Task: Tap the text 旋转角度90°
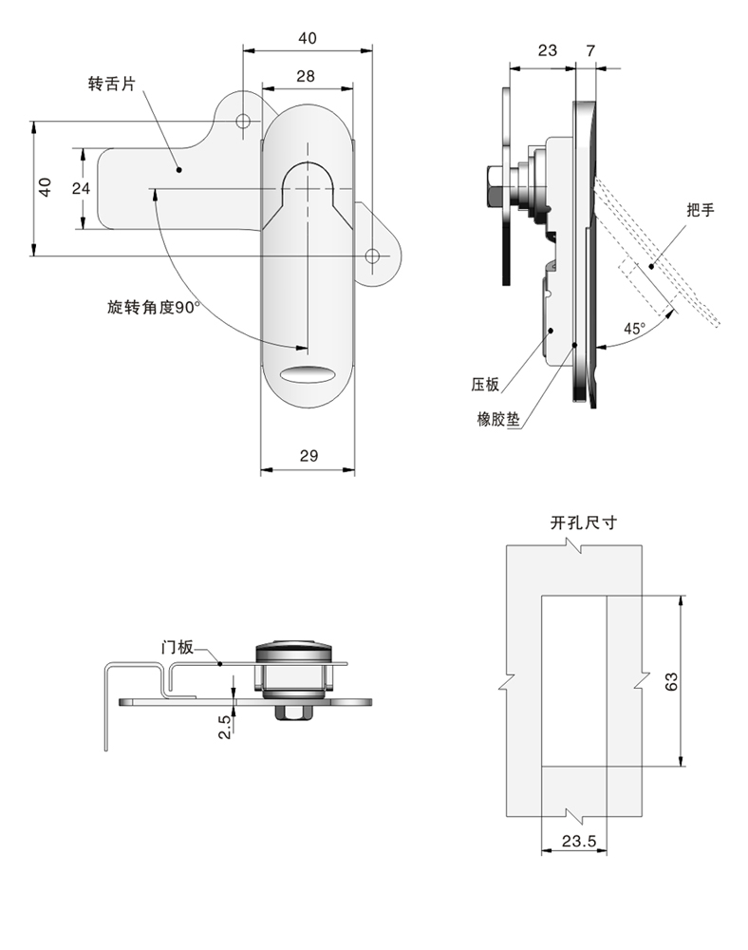(153, 307)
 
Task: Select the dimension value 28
(306, 76)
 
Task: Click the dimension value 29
(308, 456)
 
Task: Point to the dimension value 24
(81, 188)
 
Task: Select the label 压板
(485, 385)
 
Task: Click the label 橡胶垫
(497, 418)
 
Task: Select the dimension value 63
(671, 681)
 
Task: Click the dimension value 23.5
(577, 840)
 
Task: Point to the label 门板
(178, 648)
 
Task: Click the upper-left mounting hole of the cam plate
(243, 121)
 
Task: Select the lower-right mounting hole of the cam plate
(373, 256)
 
